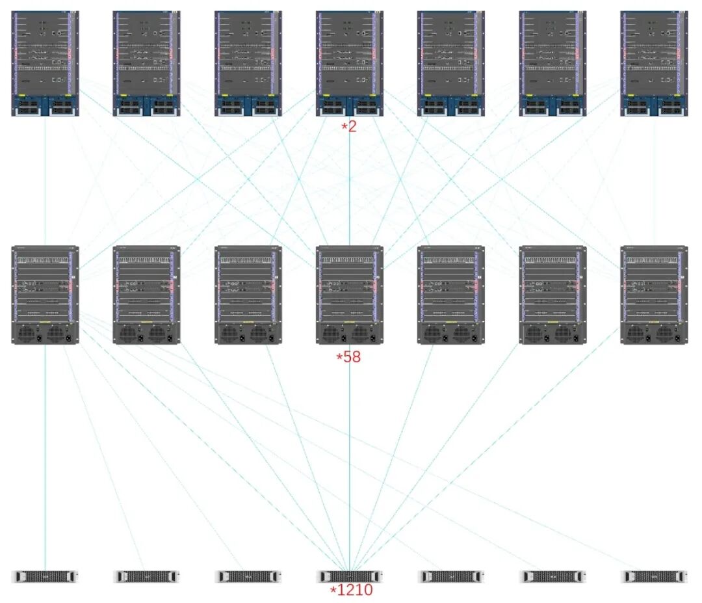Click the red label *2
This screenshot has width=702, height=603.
(349, 127)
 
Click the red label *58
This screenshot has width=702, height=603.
(348, 356)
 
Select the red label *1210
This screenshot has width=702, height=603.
(351, 591)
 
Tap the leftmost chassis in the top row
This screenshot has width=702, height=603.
(45, 63)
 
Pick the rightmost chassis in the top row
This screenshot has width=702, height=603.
(654, 63)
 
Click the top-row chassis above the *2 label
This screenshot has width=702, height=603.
(349, 63)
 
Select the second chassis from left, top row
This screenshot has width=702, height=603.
(146, 63)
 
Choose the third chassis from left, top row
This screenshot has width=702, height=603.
(248, 63)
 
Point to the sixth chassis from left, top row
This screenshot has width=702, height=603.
(552, 63)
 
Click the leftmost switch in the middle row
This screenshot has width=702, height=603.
(45, 295)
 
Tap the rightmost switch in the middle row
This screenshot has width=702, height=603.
(654, 295)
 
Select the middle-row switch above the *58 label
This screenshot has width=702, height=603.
(349, 295)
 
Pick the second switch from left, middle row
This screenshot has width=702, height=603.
(146, 295)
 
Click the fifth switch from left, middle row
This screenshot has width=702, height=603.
(450, 295)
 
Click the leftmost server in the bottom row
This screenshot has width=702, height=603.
(45, 576)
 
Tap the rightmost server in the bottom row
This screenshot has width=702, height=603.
(654, 576)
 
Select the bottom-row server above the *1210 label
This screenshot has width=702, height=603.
(349, 576)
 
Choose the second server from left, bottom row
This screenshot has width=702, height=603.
(146, 576)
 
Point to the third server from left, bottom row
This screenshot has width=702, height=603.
(248, 576)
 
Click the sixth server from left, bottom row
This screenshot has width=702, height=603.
(552, 576)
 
